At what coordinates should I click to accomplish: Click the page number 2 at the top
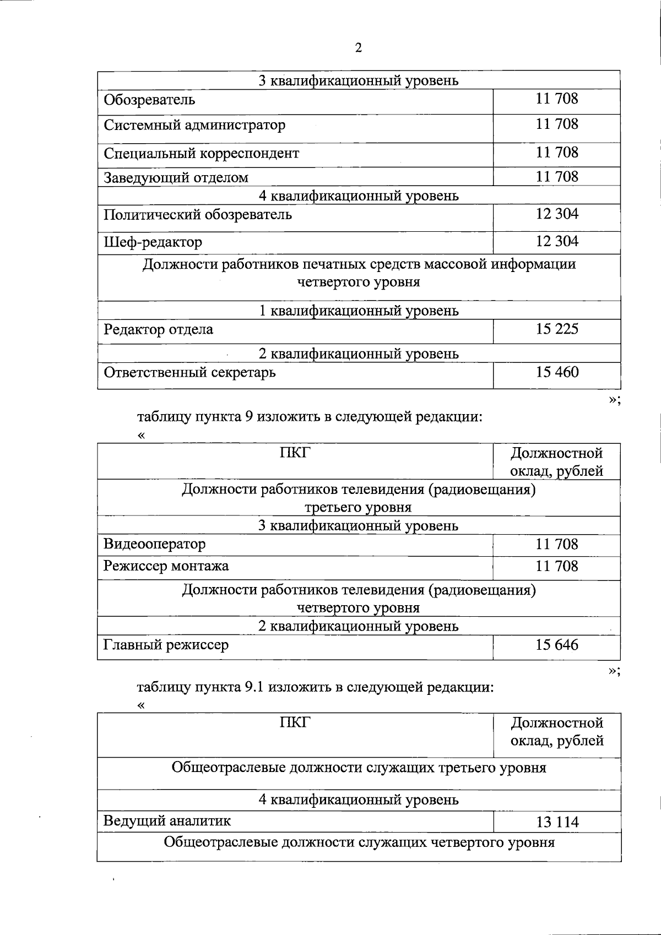click(359, 48)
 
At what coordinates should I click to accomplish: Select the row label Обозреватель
click(149, 100)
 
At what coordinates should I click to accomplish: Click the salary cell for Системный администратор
click(557, 124)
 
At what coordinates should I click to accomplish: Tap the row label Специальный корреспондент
click(201, 153)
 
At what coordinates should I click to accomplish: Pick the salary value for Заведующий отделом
click(557, 177)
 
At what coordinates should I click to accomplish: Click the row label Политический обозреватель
click(198, 214)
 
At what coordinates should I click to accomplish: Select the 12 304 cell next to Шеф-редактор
click(557, 241)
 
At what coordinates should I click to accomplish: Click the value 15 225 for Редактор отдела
click(557, 329)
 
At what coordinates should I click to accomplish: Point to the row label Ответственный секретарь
click(189, 373)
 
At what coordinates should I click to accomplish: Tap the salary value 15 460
click(557, 372)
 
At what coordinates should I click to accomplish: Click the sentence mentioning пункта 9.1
click(315, 687)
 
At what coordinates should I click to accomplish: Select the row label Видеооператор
click(154, 545)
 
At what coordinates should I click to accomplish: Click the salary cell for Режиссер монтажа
click(557, 566)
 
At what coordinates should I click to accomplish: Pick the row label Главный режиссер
click(166, 645)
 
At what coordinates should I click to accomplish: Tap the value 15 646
click(557, 645)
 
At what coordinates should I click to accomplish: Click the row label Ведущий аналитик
click(167, 821)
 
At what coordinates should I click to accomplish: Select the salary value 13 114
click(557, 822)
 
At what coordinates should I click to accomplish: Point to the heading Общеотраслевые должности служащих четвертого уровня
click(359, 842)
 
